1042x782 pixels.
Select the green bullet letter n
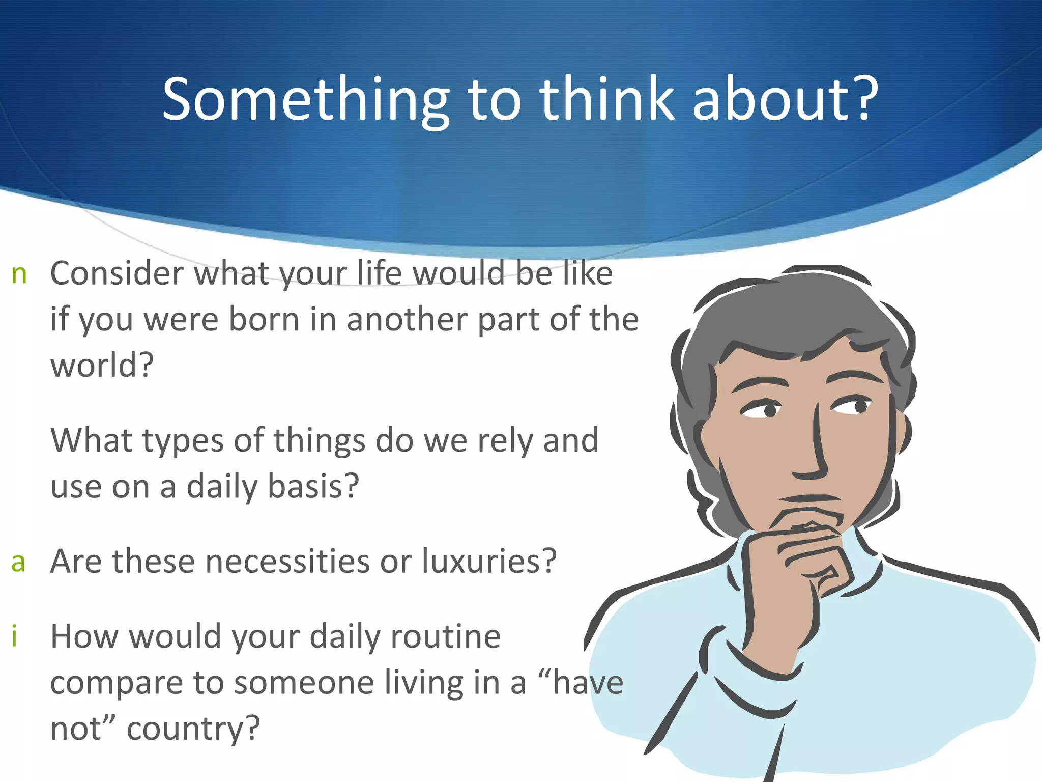tap(19, 274)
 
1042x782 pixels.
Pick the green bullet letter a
tap(18, 563)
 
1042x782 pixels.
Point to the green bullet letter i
tap(15, 636)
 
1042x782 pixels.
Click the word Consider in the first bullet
tap(117, 273)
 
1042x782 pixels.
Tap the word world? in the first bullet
tap(102, 366)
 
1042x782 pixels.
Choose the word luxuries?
tap(488, 562)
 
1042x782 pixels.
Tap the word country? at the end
tap(193, 729)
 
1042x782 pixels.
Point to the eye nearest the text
tap(762, 409)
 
